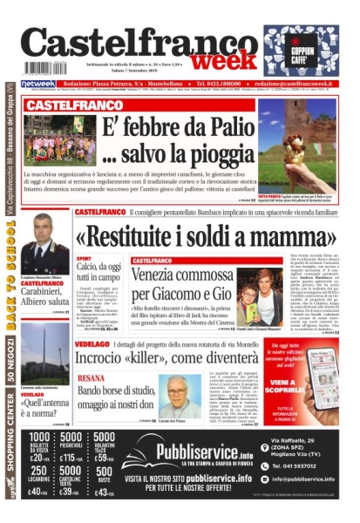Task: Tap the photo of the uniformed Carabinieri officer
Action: coord(44,245)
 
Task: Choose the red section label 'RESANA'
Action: coord(92,377)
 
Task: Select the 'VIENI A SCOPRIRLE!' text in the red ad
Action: coord(310,385)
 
